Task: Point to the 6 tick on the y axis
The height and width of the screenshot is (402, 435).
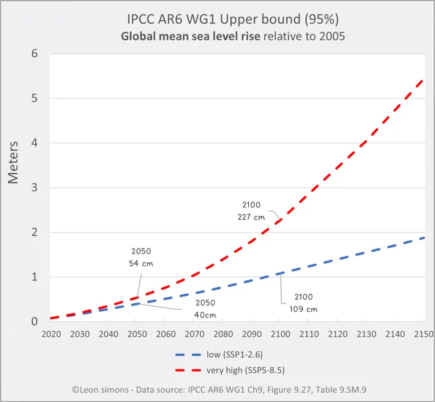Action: point(35,54)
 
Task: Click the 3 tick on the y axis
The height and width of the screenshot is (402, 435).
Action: point(35,188)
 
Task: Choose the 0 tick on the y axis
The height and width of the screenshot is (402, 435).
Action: point(35,321)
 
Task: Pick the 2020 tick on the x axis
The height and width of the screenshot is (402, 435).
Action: point(51,334)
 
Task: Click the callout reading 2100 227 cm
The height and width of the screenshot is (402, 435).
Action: point(251,211)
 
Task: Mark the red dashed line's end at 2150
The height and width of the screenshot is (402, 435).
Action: point(423,80)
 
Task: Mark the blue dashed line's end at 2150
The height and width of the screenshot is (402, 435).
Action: point(423,237)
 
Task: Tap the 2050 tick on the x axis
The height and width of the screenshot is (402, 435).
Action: point(137,334)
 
